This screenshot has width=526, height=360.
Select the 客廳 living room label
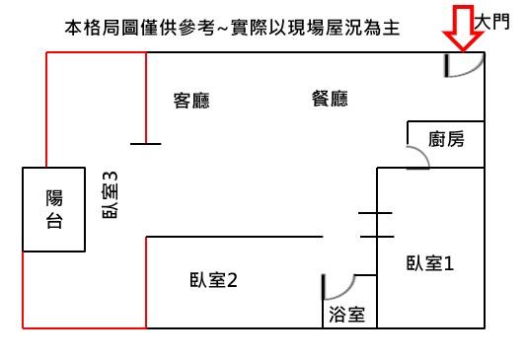[x=191, y=100]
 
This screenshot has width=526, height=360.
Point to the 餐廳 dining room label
[x=330, y=99]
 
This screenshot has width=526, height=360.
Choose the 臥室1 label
[x=431, y=263]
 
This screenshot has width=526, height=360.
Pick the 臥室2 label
[x=214, y=280]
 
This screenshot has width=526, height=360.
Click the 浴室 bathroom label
[x=347, y=316]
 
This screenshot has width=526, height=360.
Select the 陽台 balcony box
[x=52, y=209]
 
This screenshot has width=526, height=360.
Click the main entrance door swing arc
[x=466, y=66]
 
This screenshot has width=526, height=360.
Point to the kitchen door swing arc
[x=418, y=156]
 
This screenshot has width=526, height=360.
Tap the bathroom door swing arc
[x=339, y=285]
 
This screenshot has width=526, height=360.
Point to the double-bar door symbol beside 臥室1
[x=375, y=224]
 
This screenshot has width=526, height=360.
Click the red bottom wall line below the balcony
[x=84, y=327]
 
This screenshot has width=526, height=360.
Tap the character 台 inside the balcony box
[x=53, y=221]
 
